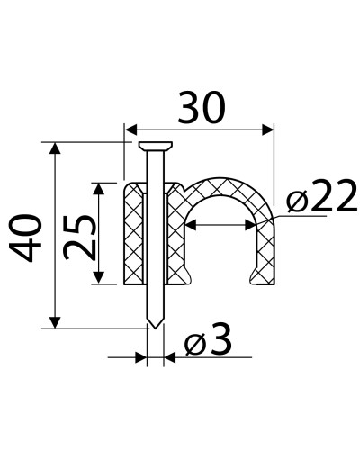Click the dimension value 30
click(x=201, y=107)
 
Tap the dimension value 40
click(x=25, y=238)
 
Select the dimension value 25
click(x=80, y=237)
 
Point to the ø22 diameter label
click(x=321, y=195)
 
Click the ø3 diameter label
click(x=209, y=339)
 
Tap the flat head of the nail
click(x=156, y=146)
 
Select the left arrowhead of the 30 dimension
click(x=131, y=130)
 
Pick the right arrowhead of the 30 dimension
click(x=268, y=130)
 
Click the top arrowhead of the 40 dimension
click(x=55, y=148)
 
